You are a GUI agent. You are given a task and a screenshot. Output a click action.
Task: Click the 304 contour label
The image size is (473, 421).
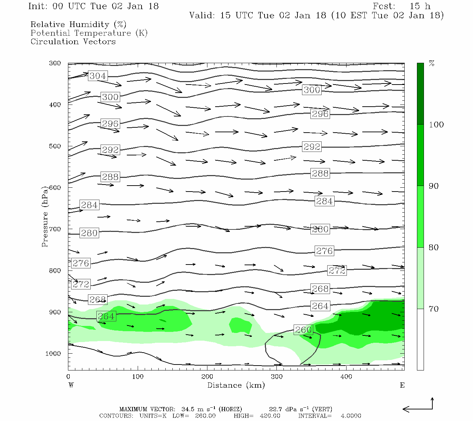98,76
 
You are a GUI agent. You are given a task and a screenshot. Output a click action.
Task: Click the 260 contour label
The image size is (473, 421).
303,330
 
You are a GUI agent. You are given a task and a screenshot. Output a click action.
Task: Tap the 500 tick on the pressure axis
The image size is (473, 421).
55,146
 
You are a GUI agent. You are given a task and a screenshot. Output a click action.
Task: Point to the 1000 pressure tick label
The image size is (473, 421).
53,354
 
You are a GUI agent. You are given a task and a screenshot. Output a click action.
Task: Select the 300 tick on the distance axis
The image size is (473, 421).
277,377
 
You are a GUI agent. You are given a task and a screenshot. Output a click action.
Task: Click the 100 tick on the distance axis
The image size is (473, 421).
138,377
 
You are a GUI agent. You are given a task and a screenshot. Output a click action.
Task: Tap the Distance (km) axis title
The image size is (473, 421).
236,385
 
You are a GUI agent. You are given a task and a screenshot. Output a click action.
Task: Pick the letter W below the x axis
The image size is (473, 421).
71,385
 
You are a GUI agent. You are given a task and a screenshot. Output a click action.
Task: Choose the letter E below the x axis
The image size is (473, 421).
402,385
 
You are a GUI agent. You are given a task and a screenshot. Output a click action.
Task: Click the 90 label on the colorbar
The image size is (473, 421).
434,186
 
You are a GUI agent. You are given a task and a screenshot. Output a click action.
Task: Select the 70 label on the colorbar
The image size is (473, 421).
434,309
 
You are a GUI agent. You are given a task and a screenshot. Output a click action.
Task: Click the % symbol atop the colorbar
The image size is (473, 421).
432,64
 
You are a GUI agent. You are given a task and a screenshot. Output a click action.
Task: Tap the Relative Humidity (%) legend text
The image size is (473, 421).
78,25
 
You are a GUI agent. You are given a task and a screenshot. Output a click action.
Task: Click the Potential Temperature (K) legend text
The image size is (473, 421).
89,33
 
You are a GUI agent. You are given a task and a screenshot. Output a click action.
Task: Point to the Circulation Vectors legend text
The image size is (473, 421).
73,41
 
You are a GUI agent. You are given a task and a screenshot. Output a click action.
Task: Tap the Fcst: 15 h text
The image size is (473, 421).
402,6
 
